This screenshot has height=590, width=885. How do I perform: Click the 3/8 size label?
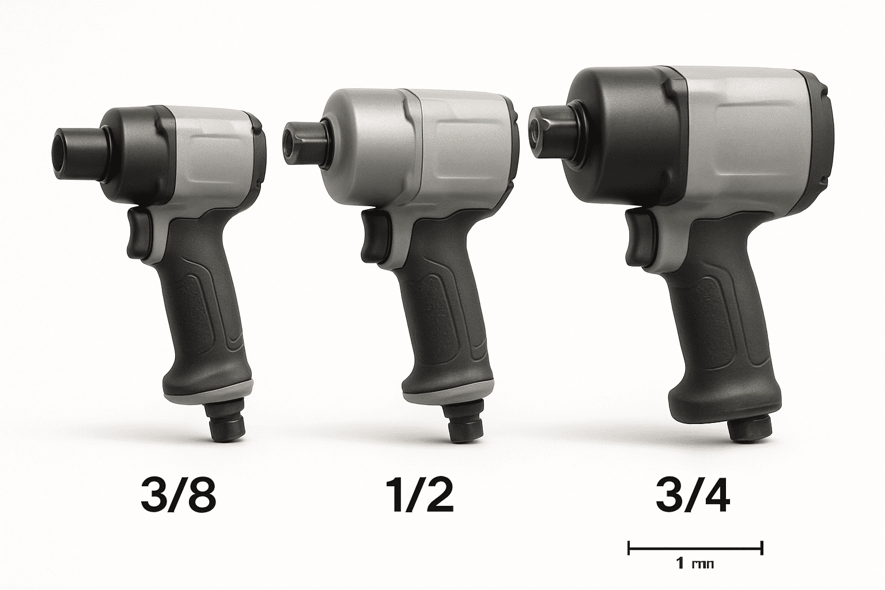click(178, 495)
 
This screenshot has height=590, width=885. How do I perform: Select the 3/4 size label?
click(693, 495)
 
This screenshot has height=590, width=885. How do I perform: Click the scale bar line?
click(695, 547)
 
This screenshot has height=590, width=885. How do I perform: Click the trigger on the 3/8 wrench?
click(137, 232)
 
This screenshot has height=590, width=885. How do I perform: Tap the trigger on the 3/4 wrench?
click(636, 236)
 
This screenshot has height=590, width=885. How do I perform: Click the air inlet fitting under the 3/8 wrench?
click(228, 425)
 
